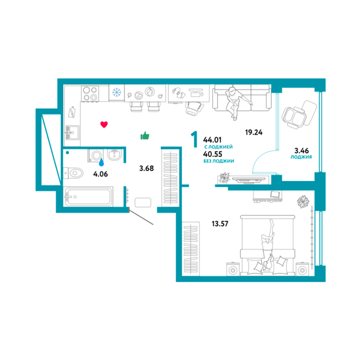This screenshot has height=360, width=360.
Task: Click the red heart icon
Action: [104, 124]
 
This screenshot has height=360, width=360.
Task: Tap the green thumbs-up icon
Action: [145, 135]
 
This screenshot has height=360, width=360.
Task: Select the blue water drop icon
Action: [101, 162]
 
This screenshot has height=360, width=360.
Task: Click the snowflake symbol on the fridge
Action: [117, 92]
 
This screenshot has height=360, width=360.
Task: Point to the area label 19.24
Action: [254, 132]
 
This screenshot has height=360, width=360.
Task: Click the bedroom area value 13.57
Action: [220, 224]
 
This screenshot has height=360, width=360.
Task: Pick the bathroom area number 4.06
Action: [100, 174]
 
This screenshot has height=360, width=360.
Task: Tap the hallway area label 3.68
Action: [146, 168]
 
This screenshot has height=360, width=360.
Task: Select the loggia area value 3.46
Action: [301, 150]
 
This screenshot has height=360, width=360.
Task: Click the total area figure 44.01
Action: [212, 140]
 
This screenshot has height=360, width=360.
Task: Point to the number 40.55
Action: [213, 154]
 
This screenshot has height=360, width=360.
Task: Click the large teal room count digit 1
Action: [194, 139]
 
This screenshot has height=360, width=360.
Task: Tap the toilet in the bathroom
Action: [73, 172]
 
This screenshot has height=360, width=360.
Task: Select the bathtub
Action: [89, 196]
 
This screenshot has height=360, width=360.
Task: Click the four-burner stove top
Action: [90, 93]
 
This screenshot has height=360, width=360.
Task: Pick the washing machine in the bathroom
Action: [96, 156]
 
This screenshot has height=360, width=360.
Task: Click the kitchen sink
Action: [72, 133]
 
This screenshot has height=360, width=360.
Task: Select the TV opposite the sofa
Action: [248, 180]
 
